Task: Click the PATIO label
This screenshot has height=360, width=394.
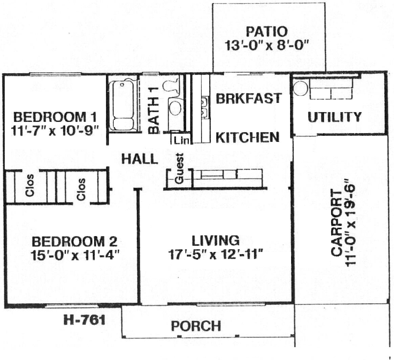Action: tap(267, 32)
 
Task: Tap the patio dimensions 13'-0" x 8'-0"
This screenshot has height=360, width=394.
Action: tap(266, 46)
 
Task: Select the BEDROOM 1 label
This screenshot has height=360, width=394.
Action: tap(55, 117)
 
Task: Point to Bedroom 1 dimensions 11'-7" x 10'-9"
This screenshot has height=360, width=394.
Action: tap(54, 131)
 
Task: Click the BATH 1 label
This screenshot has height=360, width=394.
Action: tap(154, 110)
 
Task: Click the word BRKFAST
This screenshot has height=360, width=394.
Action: tap(249, 98)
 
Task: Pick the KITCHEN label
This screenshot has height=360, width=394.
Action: tap(247, 137)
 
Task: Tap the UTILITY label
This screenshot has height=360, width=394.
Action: tap(334, 117)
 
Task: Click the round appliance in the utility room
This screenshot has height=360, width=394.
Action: tap(301, 88)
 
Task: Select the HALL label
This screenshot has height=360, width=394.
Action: tap(140, 159)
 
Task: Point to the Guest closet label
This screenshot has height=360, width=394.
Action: tap(180, 168)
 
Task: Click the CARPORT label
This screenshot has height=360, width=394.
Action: tap(336, 223)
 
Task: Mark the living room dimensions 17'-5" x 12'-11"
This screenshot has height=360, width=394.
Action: tap(215, 254)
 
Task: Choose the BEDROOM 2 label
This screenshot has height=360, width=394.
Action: tap(74, 241)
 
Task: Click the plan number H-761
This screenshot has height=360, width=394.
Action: tap(84, 320)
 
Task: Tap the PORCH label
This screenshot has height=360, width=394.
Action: tap(196, 326)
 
